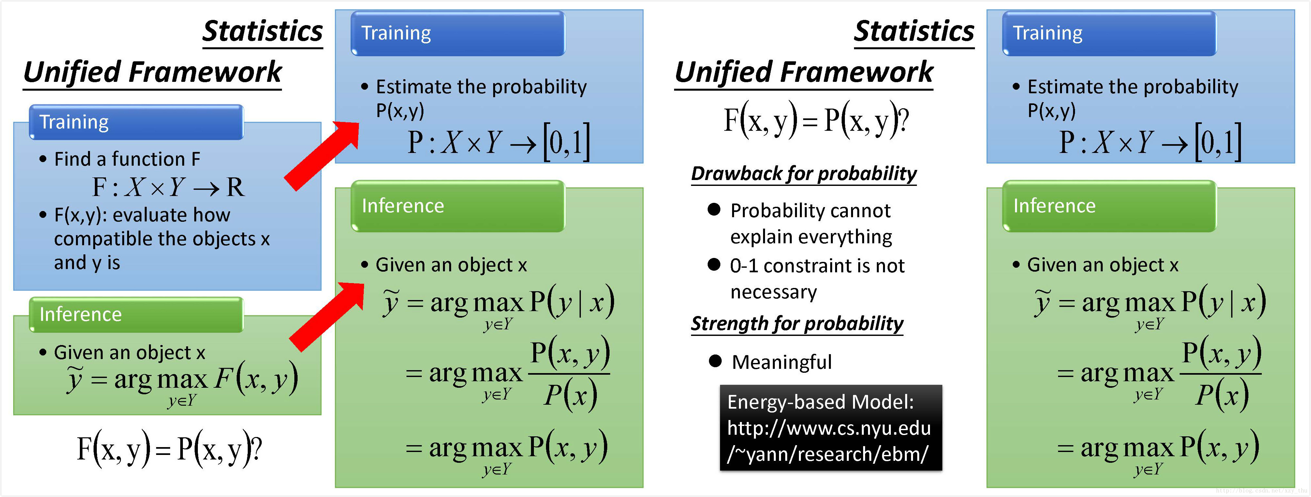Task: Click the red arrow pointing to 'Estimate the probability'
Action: point(322,156)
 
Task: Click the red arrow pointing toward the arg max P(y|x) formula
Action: point(327,317)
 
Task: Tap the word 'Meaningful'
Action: point(782,362)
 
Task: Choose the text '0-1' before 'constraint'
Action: point(744,266)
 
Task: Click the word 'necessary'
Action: point(773,292)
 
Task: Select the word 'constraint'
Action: point(807,266)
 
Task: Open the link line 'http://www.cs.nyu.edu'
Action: point(829,428)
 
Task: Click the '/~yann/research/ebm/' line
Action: point(828,454)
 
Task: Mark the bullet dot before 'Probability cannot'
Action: point(714,209)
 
